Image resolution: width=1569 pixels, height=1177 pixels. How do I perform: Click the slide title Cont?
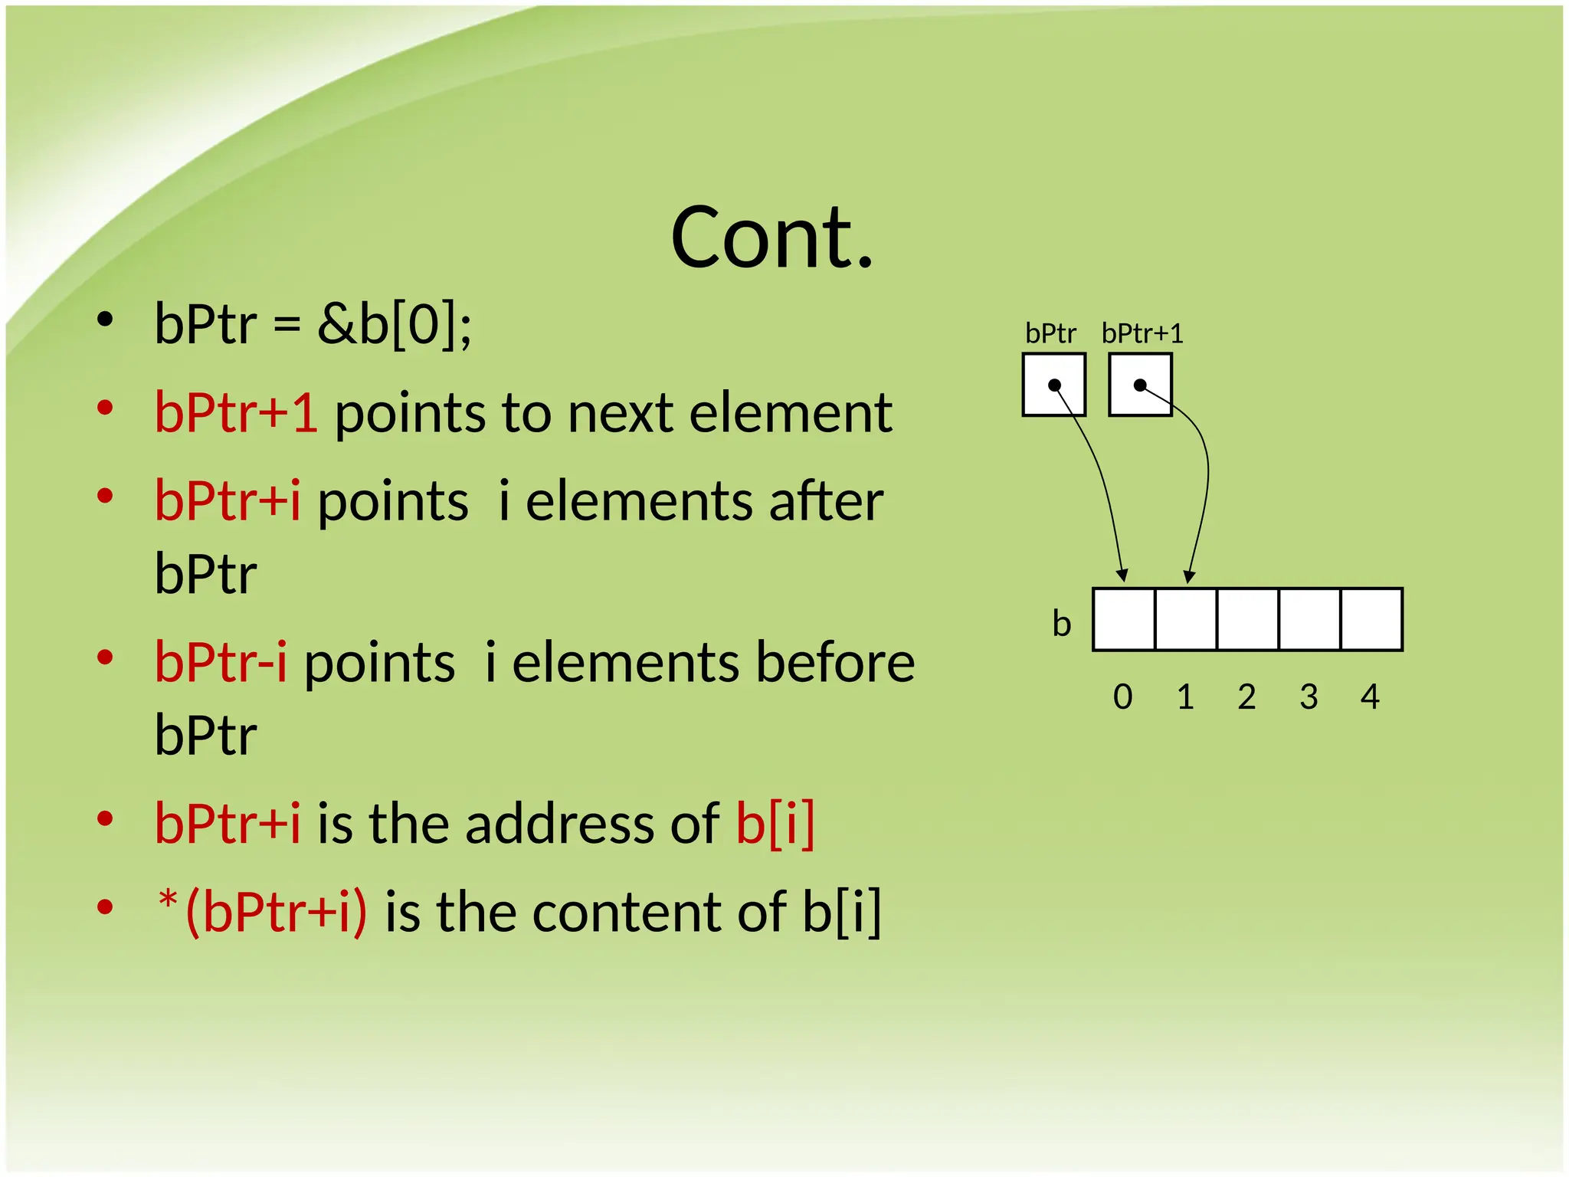tap(771, 238)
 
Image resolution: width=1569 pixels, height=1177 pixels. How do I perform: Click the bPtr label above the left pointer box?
tap(1050, 333)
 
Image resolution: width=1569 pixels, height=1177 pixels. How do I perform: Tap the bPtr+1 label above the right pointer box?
tap(1142, 333)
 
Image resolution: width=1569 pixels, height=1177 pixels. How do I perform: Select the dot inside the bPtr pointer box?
tap(1054, 385)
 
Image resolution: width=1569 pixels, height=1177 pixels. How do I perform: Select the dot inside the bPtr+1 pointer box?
tap(1140, 385)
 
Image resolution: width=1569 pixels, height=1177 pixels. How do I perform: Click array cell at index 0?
tap(1124, 619)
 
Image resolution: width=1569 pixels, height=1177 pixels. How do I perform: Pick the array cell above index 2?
tap(1247, 619)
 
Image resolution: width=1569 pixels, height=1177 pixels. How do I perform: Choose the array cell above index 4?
tap(1371, 619)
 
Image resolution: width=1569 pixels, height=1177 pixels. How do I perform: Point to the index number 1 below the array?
tap(1185, 697)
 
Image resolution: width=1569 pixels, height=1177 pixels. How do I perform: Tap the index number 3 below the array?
tap(1309, 697)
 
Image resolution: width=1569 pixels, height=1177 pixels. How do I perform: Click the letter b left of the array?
tap(1061, 624)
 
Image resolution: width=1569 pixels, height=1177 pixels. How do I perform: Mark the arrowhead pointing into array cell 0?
tap(1122, 575)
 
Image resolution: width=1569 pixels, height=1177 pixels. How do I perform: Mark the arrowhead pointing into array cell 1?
tap(1189, 575)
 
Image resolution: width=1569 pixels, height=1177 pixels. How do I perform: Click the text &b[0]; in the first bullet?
tap(395, 324)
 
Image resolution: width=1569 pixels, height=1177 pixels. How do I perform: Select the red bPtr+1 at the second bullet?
tap(236, 413)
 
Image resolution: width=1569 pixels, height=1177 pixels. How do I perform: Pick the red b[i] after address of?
tap(775, 824)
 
